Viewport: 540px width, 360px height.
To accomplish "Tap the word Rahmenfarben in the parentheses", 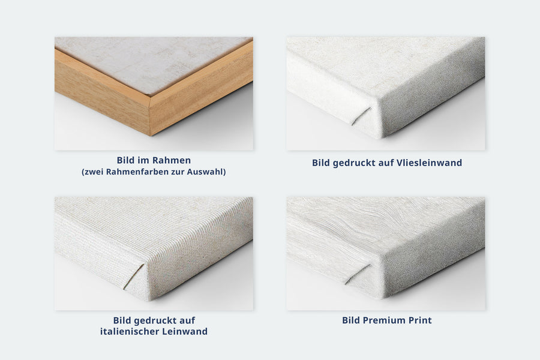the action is click(133, 172).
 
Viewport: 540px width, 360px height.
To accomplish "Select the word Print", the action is click(420, 320).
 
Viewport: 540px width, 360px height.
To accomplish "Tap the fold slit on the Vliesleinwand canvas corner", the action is click(361, 115).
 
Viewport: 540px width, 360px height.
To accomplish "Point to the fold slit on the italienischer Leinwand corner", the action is click(134, 276).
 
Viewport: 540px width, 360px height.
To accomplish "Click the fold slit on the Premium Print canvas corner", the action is click(358, 274).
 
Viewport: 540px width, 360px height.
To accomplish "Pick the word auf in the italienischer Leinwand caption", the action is click(188, 320).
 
